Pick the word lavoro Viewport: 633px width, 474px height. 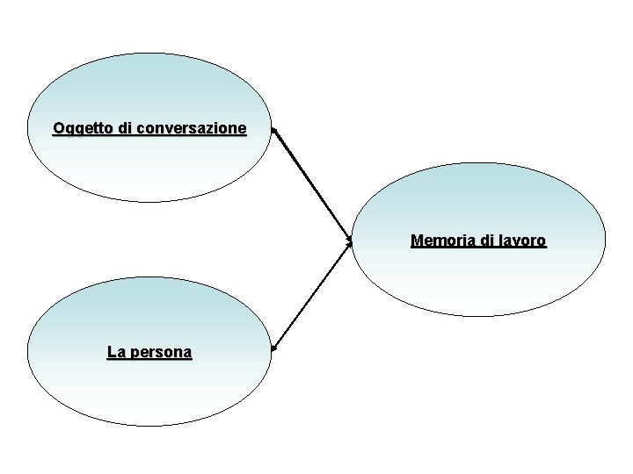(x=521, y=240)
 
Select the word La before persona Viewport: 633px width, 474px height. (x=115, y=353)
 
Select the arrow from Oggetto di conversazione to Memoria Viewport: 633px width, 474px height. (x=312, y=184)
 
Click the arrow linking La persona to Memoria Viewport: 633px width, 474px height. (x=312, y=295)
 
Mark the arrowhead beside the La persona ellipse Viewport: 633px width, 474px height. (x=274, y=348)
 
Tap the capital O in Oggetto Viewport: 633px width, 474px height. (x=58, y=129)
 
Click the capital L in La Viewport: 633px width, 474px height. (x=111, y=353)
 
